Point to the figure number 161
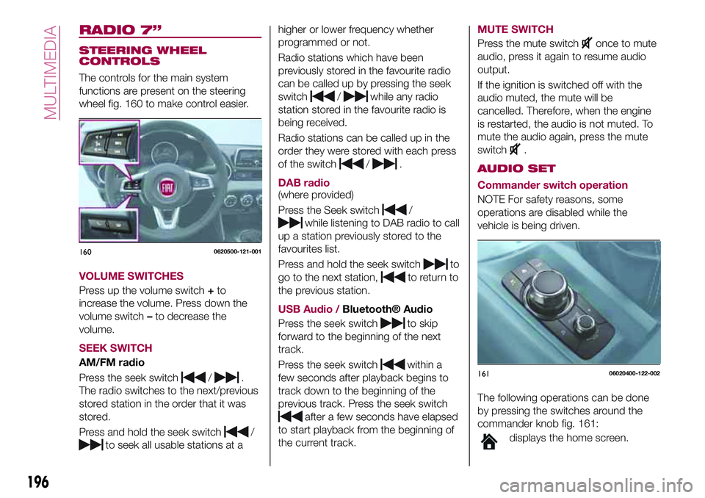pyautogui.click(x=484, y=374)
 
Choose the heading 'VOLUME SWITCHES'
pyautogui.click(x=131, y=276)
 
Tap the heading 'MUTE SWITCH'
pyautogui.click(x=515, y=29)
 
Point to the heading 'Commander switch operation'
pyautogui.click(x=552, y=185)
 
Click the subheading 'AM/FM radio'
pyautogui.click(x=112, y=363)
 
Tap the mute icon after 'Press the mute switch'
pyautogui.click(x=587, y=44)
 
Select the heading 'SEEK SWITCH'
pyautogui.click(x=115, y=348)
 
